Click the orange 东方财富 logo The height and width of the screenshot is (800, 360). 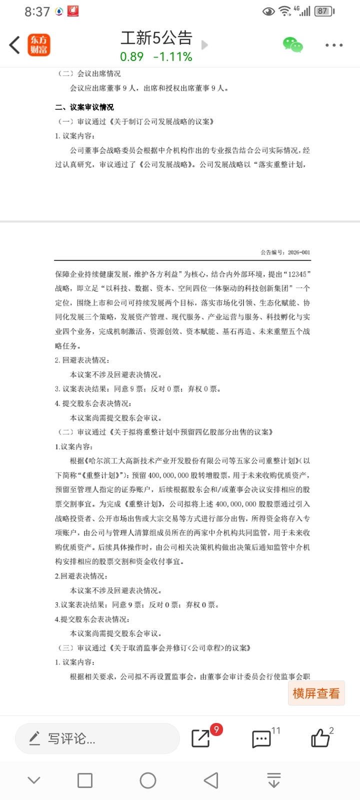39,45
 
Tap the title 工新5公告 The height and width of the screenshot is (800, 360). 156,37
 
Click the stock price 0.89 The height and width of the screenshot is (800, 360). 131,57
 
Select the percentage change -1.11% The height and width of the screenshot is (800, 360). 172,57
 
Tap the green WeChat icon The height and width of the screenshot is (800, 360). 293,45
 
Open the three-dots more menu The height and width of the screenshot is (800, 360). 334,45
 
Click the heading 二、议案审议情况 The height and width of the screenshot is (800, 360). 84,107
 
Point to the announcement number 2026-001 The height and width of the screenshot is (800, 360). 298,252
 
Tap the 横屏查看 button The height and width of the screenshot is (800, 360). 316,693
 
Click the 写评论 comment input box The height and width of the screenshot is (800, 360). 97,738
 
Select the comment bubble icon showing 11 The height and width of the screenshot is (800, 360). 261,739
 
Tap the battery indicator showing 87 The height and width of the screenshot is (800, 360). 323,11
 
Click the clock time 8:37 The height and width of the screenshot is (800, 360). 37,11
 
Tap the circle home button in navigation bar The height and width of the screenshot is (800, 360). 148,780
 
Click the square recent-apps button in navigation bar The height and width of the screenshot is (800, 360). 85,780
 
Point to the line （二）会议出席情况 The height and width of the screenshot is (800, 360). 89,73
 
